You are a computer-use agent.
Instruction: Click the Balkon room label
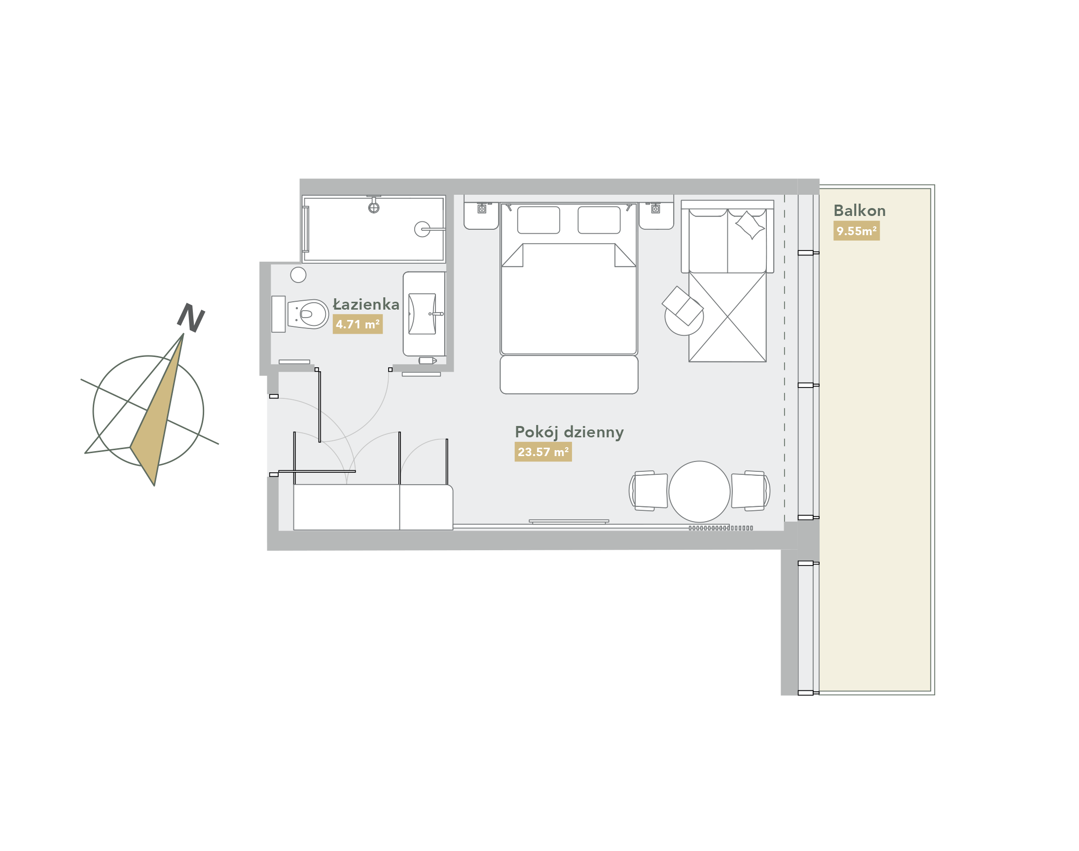pos(859,211)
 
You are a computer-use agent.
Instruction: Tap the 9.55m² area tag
pos(856,231)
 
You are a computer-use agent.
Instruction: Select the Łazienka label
pos(366,304)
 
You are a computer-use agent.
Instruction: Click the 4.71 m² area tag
pos(358,324)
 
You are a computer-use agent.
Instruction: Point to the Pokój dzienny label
pos(569,432)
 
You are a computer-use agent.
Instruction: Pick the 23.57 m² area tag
pos(543,452)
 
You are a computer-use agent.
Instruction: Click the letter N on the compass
pos(191,318)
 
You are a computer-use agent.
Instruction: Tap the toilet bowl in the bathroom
pos(308,314)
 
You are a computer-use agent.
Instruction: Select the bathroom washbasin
pos(422,314)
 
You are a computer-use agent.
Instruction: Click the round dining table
pos(699,492)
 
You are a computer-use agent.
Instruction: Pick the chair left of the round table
pos(648,491)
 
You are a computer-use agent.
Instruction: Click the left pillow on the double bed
pos(538,220)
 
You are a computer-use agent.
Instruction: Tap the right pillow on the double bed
pos(599,220)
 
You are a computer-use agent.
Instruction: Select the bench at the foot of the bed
pos(569,375)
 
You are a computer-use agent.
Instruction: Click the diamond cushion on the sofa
pos(750,225)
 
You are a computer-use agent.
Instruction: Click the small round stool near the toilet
pos(298,275)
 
